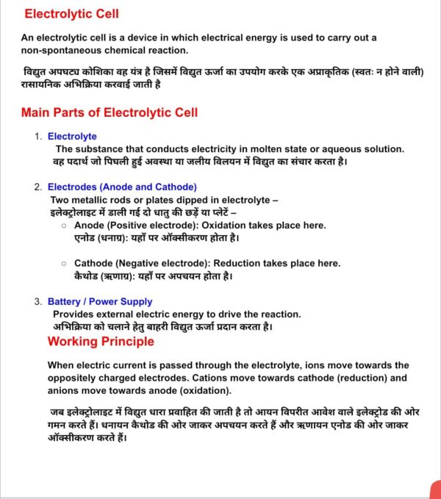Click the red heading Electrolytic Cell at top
tap(71, 14)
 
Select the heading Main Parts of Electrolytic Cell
tap(110, 112)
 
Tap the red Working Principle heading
tap(101, 341)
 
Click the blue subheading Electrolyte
tap(72, 136)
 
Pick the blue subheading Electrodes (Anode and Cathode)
tap(122, 187)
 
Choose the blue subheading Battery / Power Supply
tap(100, 301)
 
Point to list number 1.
tap(38, 136)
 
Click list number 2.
tap(38, 187)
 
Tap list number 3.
tap(38, 301)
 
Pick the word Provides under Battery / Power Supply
tap(73, 314)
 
